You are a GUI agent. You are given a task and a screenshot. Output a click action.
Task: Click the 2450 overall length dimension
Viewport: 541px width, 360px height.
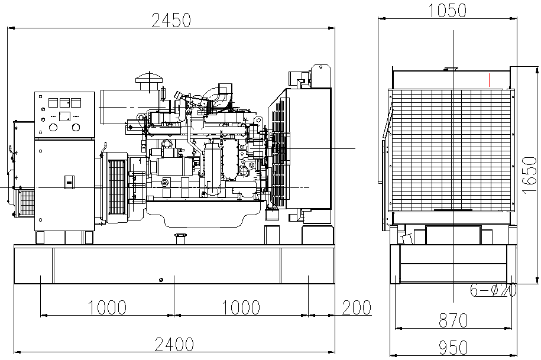171,20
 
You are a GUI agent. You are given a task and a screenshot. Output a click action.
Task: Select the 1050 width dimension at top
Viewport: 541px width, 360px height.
448,10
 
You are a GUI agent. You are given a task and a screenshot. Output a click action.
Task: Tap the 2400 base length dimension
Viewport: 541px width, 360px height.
173,344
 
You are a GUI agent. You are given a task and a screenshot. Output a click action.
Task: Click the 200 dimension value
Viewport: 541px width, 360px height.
356,307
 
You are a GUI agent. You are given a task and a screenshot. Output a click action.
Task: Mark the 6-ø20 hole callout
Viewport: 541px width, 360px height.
493,290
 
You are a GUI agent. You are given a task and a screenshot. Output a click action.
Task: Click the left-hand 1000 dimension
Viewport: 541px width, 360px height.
107,307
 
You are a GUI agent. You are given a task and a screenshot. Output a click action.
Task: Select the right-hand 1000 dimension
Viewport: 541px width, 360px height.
241,307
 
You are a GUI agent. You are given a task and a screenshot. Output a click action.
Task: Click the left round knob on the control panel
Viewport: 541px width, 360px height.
53,127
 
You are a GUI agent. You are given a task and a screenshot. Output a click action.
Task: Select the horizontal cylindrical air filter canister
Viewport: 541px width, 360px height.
122,106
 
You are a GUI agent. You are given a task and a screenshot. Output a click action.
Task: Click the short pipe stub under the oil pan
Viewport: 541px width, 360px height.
180,238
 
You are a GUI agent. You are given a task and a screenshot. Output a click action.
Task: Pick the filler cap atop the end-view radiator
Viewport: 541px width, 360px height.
451,69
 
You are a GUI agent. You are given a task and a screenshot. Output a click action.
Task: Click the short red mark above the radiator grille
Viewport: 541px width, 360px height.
490,79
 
